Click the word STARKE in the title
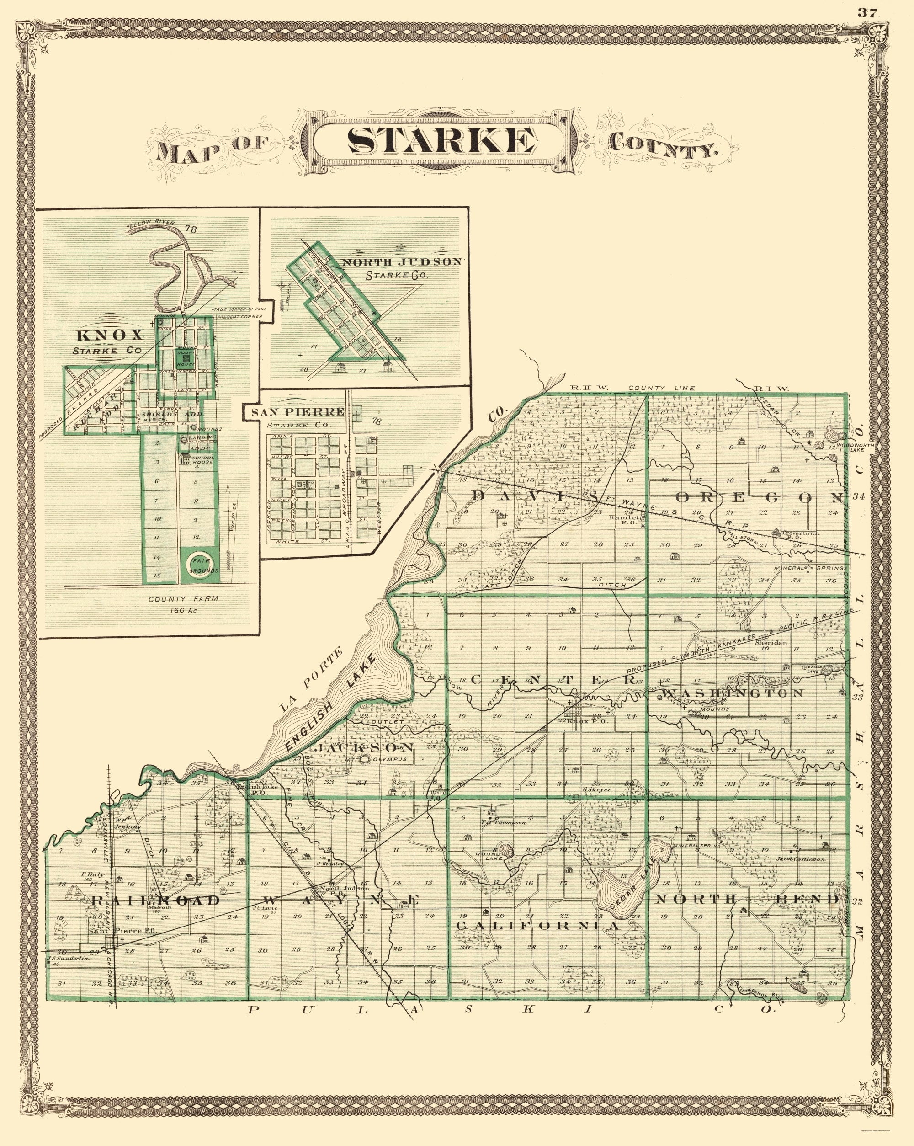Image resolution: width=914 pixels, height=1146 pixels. (441, 141)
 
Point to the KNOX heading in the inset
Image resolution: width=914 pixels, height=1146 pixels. (111, 336)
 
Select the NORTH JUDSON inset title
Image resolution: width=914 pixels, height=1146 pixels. (401, 262)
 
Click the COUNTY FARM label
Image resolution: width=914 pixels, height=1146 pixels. (183, 599)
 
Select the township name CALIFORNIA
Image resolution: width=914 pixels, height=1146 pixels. (537, 925)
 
